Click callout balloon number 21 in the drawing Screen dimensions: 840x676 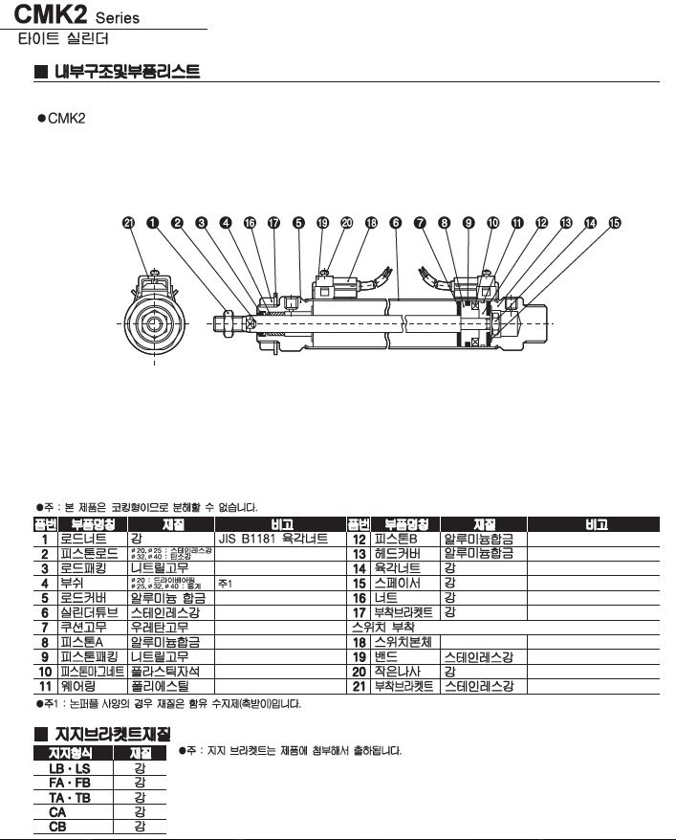129,223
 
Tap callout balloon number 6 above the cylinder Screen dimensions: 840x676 396,223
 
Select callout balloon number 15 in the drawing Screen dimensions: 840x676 615,223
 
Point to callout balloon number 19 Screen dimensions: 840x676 322,223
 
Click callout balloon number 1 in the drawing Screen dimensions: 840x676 153,223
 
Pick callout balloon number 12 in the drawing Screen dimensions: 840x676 542,223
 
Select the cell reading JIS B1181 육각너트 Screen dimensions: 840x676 273,540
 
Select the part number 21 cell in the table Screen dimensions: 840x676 360,686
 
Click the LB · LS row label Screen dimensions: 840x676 69,768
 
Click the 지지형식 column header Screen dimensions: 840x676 69,753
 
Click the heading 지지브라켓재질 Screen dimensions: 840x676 114,735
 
